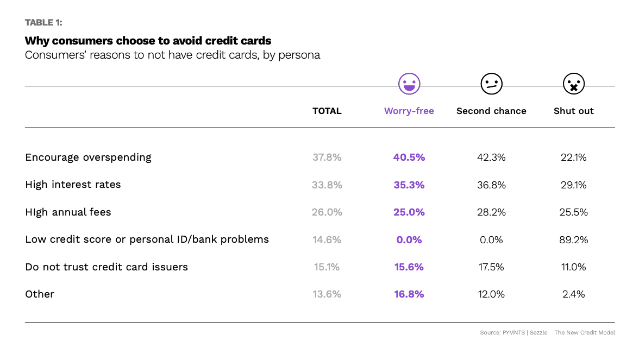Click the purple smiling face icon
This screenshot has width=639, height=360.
coord(409,84)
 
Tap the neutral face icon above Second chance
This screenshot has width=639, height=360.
coord(491,84)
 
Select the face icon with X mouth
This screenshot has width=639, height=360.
coord(573,84)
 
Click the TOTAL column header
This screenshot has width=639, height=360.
coord(327,111)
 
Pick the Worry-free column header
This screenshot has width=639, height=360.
coord(409,111)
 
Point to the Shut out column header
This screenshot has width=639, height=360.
coord(574,111)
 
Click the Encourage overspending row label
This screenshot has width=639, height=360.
coord(88,157)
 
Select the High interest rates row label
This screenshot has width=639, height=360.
coord(73,185)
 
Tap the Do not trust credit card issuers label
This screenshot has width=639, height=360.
coord(106,267)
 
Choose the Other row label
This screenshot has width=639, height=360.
coord(40,294)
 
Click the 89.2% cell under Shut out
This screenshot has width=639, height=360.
coord(574,239)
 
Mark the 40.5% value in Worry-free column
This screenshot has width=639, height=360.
coord(409,157)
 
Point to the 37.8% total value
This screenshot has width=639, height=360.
coord(327,157)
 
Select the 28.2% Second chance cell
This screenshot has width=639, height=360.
coord(491,212)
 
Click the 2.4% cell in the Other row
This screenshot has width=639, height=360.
coord(574,294)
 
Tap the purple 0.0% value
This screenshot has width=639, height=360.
coord(409,239)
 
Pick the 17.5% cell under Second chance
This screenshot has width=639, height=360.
coord(491,267)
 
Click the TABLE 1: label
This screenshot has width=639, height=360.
coord(43,23)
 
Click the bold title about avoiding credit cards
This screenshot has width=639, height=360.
coord(148,41)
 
